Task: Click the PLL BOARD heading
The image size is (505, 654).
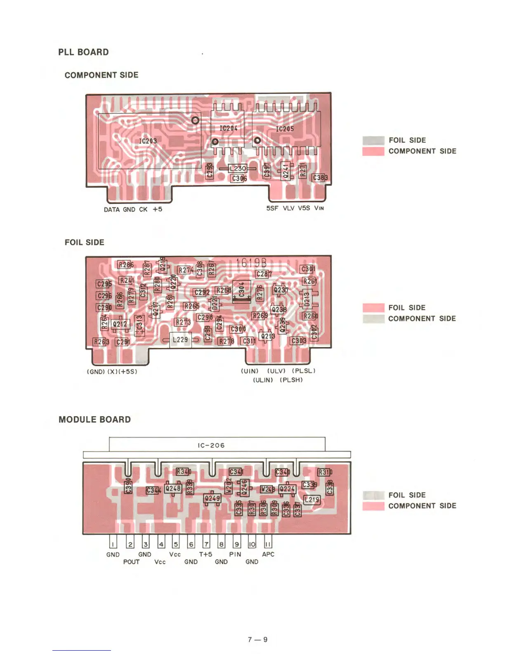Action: (x=83, y=52)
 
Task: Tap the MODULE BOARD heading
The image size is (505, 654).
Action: (x=94, y=419)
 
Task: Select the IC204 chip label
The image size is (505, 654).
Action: (x=228, y=128)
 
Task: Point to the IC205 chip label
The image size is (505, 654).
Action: (x=285, y=129)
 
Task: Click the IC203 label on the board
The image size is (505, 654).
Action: (x=148, y=141)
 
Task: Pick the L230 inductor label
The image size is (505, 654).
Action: (x=238, y=168)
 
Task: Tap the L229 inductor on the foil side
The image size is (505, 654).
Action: (x=180, y=339)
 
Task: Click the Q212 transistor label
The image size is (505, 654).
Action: (x=120, y=324)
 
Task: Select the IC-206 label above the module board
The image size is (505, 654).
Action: (x=211, y=445)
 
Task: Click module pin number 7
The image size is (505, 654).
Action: (x=206, y=544)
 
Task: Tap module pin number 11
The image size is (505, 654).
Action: (x=268, y=544)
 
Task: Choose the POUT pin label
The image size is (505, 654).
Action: (x=131, y=562)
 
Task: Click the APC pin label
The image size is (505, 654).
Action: (x=268, y=554)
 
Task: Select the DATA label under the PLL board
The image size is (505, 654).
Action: (x=112, y=209)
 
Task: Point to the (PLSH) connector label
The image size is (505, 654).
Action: (x=291, y=380)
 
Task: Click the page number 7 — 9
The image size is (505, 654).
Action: (x=257, y=639)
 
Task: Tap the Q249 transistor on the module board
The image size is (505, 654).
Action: (x=212, y=498)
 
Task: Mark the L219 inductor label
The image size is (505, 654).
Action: (x=311, y=500)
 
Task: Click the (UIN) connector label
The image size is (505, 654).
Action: (x=250, y=371)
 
